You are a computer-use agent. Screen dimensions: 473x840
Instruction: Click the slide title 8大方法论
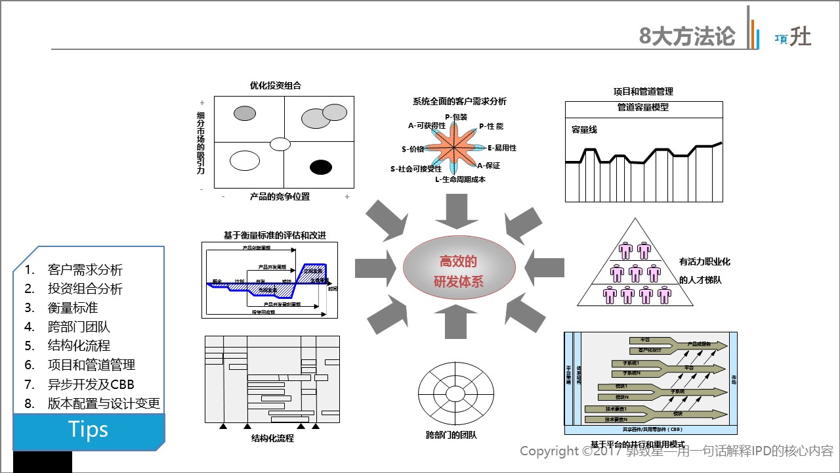pos(687,35)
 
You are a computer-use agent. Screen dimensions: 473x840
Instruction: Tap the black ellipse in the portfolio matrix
pos(321,167)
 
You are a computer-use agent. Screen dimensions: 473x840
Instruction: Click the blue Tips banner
pos(89,430)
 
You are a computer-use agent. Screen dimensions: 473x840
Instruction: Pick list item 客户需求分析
pos(85,269)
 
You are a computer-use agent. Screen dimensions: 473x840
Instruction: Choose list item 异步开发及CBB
pos(91,384)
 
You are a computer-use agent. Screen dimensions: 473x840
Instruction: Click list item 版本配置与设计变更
pos(104,403)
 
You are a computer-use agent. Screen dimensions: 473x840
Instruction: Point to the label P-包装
pos(456,116)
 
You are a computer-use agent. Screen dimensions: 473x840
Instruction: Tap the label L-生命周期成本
pos(460,179)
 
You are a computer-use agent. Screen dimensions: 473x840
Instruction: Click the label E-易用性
pos(502,148)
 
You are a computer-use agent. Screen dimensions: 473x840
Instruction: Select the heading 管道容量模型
pos(643,108)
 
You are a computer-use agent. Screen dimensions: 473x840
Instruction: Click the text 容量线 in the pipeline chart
pos(584,129)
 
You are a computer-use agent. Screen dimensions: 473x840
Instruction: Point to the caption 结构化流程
pos(272,438)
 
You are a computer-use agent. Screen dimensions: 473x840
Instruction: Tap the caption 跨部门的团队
pos(451,435)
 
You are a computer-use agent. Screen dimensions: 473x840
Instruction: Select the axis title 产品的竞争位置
pos(280,196)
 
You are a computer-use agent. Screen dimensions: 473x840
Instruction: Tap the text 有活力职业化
pos(704,262)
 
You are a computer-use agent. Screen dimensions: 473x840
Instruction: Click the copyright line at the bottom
pos(676,451)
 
